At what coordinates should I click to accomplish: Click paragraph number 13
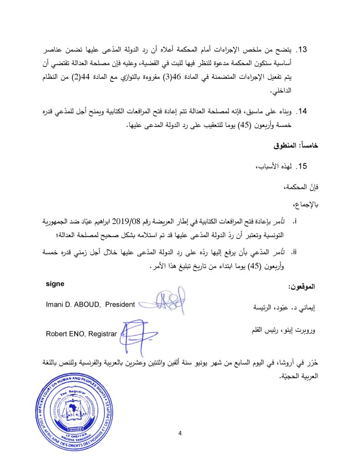303,50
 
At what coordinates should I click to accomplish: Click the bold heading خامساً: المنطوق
296,147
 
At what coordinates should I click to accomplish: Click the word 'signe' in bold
56,284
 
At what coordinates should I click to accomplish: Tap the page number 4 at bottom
180,433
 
